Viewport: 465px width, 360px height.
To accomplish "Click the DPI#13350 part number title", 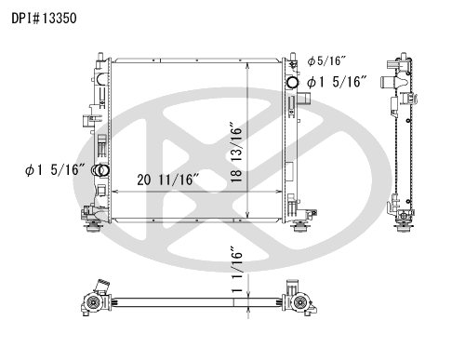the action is click(x=44, y=19).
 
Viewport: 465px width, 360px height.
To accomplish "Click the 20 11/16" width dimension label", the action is click(x=167, y=180).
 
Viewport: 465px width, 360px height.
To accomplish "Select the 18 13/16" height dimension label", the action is click(x=236, y=153).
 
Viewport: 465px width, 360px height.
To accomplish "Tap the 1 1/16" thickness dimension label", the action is click(x=236, y=270).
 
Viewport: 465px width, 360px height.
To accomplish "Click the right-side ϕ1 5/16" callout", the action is click(x=337, y=82).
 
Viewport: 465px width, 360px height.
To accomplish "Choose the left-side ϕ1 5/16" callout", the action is click(x=55, y=169).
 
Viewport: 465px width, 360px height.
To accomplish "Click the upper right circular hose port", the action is click(x=293, y=83).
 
